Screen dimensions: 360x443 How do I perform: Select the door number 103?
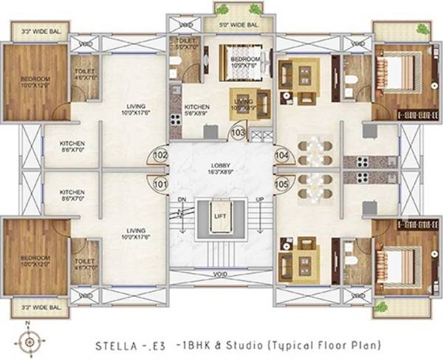tap(238, 133)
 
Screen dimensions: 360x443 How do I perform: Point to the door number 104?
tap(281, 156)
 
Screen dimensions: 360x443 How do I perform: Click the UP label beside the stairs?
tap(258, 199)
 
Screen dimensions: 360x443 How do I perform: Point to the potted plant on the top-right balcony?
tap(422, 30)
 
